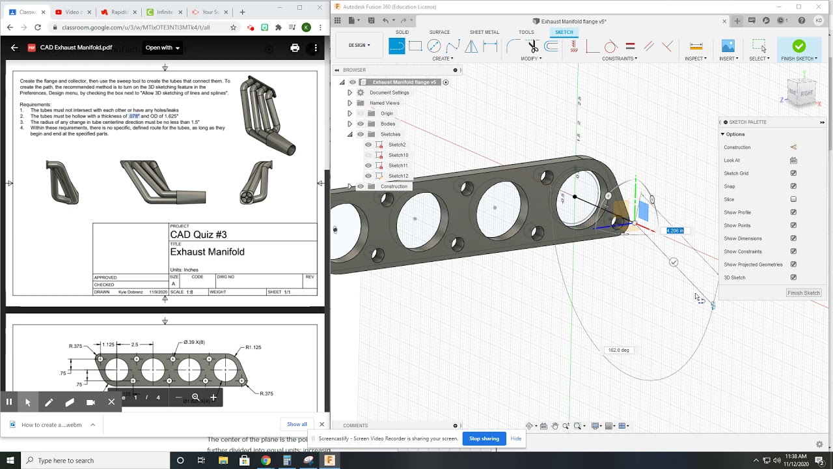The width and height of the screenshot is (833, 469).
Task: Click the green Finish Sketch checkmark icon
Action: point(799,46)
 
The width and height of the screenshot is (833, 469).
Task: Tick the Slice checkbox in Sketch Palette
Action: point(793,199)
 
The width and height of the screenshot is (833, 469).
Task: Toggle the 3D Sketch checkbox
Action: point(793,277)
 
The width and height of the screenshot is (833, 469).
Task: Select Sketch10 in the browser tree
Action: point(398,155)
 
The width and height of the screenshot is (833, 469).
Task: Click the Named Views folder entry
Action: point(384,103)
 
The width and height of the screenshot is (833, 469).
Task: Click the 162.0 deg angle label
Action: point(618,350)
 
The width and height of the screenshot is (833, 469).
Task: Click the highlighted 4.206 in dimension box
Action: point(675,231)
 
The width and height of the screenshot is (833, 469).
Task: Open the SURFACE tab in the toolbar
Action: point(439,32)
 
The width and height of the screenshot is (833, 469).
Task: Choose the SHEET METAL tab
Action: point(484,32)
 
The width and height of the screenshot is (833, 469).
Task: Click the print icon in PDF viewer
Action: point(295,48)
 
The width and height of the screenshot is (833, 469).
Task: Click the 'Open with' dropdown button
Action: point(162,48)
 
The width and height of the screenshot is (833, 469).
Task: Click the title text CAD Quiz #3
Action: point(198,234)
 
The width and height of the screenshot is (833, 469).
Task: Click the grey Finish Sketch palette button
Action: point(803,293)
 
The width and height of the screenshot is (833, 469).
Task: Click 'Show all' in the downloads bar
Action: point(297,424)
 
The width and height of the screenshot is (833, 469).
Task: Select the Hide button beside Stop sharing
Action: point(515,438)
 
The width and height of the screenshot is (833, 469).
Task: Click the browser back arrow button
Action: point(10,27)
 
